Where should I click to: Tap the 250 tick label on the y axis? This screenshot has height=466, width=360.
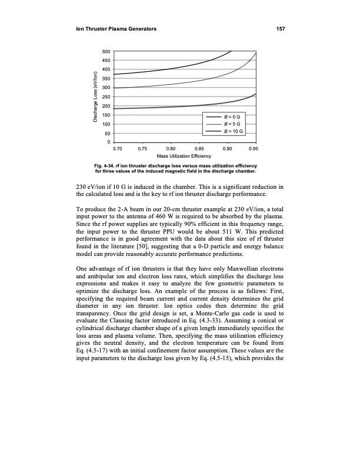[x=107, y=97]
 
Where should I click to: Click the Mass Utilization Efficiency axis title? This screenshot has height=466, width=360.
[x=185, y=157]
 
